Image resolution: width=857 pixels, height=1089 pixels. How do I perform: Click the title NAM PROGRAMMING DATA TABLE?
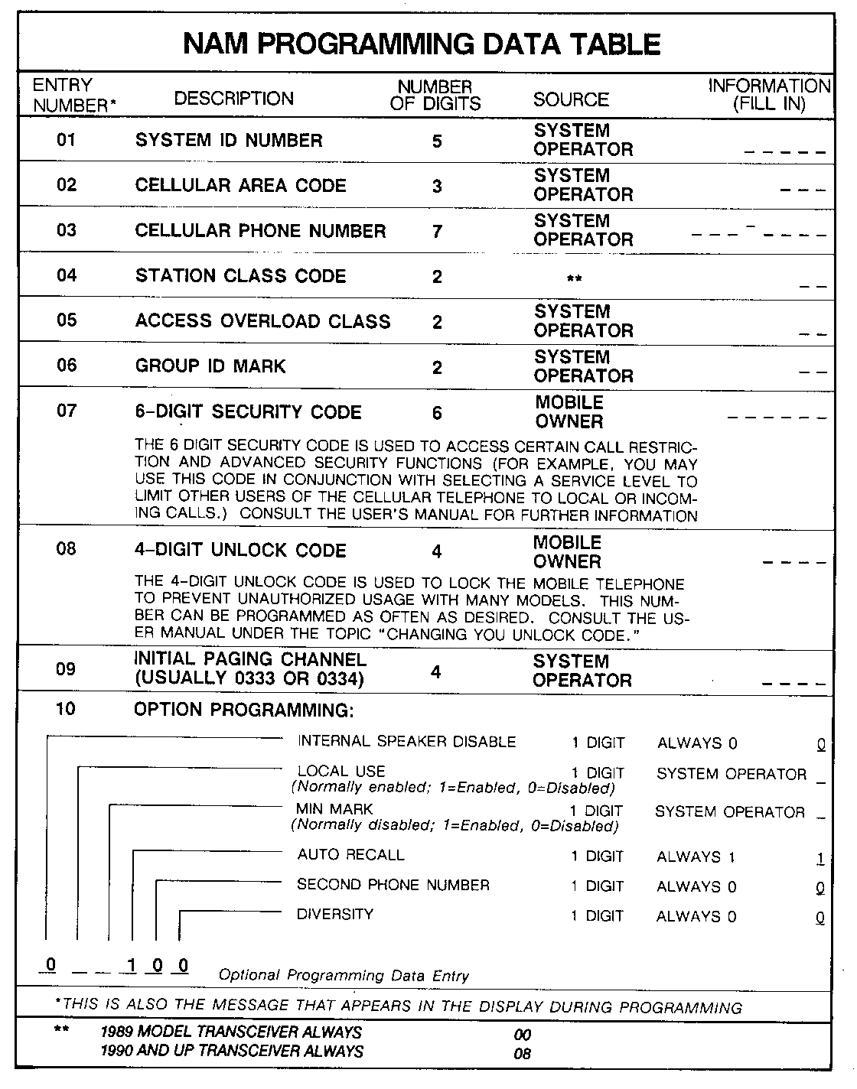pyautogui.click(x=422, y=44)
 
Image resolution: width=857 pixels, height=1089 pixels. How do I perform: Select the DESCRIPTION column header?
pyautogui.click(x=233, y=99)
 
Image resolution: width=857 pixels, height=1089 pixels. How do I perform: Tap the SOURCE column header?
pyautogui.click(x=571, y=99)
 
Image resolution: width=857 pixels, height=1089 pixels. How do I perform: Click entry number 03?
pyautogui.click(x=67, y=230)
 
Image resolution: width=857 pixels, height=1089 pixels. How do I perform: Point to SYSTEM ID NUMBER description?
pyautogui.click(x=229, y=140)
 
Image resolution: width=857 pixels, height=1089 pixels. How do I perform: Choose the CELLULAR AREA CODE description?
pyautogui.click(x=240, y=185)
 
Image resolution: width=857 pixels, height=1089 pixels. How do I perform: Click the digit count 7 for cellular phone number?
pyautogui.click(x=437, y=231)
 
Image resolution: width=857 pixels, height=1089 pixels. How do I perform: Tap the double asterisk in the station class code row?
pyautogui.click(x=574, y=278)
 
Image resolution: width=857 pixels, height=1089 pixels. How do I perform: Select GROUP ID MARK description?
pyautogui.click(x=210, y=366)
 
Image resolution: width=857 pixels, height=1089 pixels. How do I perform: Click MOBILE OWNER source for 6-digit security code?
pyautogui.click(x=569, y=411)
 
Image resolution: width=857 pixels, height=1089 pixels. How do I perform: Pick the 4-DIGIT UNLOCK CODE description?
pyautogui.click(x=240, y=551)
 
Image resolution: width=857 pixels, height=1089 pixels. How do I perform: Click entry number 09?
pyautogui.click(x=67, y=669)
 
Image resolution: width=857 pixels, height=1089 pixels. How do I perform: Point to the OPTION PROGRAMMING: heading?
pyautogui.click(x=243, y=710)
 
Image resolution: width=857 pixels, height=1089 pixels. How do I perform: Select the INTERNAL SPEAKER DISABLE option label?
pyautogui.click(x=406, y=742)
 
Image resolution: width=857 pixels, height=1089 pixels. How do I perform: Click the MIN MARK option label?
pyautogui.click(x=334, y=809)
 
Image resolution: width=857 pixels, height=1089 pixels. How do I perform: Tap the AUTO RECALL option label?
pyautogui.click(x=350, y=854)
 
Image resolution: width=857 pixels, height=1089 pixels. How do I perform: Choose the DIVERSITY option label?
pyautogui.click(x=335, y=914)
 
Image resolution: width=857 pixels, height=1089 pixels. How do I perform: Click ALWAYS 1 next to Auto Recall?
pyautogui.click(x=695, y=857)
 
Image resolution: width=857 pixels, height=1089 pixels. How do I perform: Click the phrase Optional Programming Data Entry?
pyautogui.click(x=344, y=975)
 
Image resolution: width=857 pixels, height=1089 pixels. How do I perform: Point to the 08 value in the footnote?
pyautogui.click(x=523, y=1054)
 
